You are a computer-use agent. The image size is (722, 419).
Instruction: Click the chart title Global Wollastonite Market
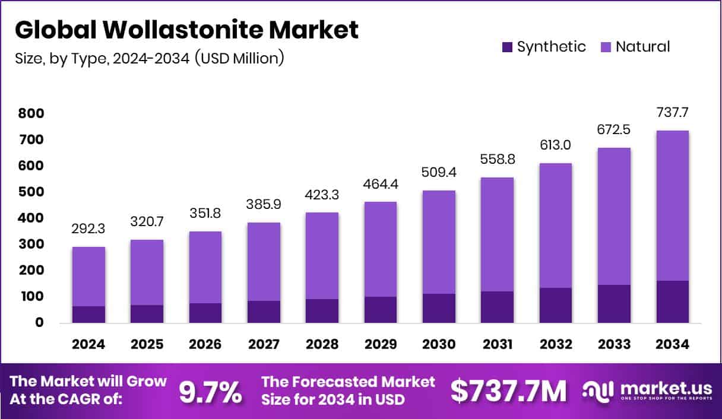(x=186, y=30)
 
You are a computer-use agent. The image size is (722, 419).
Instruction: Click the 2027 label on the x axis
(x=264, y=344)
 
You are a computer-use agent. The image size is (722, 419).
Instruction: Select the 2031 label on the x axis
(x=498, y=344)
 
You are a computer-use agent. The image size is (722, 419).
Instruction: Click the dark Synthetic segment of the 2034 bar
(x=673, y=301)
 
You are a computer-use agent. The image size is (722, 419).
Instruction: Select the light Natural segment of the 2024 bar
(x=88, y=276)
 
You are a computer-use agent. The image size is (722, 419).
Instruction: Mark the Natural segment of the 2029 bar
(x=381, y=249)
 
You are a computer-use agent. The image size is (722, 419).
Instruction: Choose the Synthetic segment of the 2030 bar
(x=439, y=308)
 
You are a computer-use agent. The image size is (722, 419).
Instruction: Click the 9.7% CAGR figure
(x=210, y=391)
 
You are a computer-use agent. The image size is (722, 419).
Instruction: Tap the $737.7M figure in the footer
(x=508, y=391)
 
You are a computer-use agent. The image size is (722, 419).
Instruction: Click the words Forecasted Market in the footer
(x=349, y=382)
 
